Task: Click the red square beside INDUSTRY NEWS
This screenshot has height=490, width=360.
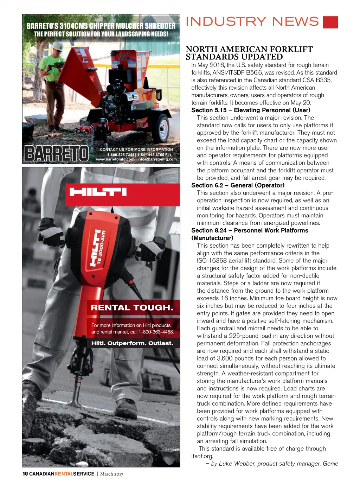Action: point(330,22)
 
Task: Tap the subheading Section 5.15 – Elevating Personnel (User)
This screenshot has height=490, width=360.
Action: point(251,110)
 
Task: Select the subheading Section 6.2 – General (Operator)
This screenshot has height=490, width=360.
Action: point(238,185)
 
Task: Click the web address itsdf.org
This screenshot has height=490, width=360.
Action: point(202,456)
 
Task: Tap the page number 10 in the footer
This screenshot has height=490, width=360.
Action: point(25,474)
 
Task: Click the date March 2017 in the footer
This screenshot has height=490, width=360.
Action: point(112,474)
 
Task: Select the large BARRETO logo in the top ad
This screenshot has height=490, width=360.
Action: point(57,154)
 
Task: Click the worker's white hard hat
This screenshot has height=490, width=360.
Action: point(57,46)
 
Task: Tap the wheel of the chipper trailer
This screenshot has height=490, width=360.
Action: point(162,127)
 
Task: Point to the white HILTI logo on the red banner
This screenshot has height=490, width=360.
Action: point(98,192)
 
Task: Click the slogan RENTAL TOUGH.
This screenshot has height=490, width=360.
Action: point(132,308)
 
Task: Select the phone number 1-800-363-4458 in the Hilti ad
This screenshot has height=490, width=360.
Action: point(156,332)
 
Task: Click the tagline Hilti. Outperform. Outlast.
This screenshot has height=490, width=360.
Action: point(132,343)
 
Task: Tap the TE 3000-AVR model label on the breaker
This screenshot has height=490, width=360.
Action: point(101,246)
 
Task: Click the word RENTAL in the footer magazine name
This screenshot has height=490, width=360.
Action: point(64,474)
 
